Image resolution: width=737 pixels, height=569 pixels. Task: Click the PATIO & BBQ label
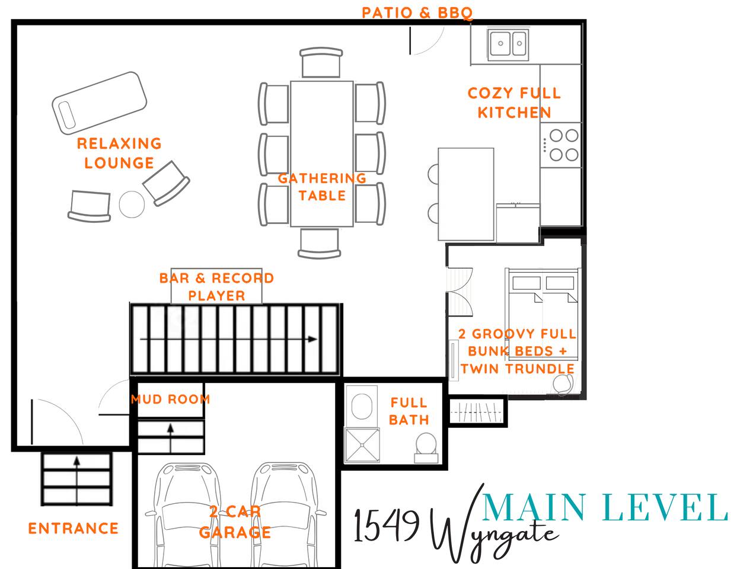[x=417, y=13]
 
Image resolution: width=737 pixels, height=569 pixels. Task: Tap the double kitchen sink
[x=508, y=44]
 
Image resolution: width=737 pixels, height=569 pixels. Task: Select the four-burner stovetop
[x=560, y=145]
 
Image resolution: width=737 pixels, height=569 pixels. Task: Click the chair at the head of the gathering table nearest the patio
[x=321, y=62]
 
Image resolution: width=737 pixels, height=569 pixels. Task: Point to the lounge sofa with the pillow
[x=99, y=103]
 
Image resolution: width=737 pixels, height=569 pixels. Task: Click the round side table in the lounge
[x=132, y=204]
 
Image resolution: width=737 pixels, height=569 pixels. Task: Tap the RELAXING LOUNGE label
[x=119, y=153]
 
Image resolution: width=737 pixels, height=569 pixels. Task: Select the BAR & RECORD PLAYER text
[x=216, y=287]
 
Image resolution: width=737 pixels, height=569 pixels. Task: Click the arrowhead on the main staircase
[x=312, y=339]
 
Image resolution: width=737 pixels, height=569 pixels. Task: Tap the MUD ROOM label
[x=171, y=399]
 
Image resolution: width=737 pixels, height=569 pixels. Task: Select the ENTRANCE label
[x=74, y=528]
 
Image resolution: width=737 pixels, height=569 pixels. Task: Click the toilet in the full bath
[x=426, y=447]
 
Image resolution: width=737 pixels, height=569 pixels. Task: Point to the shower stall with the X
[x=362, y=445]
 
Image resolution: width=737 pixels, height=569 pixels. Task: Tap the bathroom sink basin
[x=362, y=406]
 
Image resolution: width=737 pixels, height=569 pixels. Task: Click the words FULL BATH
[x=409, y=411]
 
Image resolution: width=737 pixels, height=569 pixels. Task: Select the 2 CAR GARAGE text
[x=235, y=522]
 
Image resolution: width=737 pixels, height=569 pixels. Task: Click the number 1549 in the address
[x=387, y=525]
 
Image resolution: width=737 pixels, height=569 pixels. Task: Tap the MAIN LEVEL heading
[x=605, y=507]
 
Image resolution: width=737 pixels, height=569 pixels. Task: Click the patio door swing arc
[x=435, y=44]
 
